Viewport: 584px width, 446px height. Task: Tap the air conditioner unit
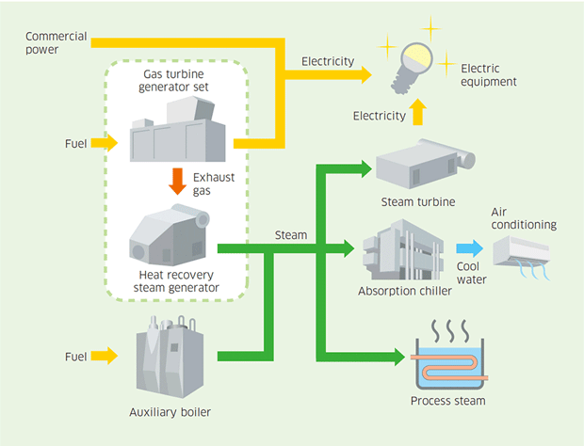pos(521,251)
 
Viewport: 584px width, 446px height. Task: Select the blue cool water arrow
pos(467,248)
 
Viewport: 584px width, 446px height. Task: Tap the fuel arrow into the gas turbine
pos(105,143)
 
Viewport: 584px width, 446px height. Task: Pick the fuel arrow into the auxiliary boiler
pos(105,356)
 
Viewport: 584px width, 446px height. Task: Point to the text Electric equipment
pos(489,75)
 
